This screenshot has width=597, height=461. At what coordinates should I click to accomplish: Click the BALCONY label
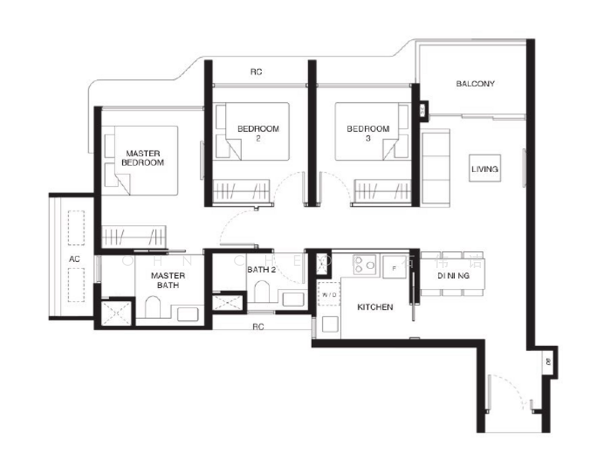point(475,84)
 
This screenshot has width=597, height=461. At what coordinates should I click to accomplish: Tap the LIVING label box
point(485,169)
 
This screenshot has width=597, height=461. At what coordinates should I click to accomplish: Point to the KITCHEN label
point(376,307)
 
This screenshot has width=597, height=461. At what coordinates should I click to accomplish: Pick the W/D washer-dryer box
point(329,294)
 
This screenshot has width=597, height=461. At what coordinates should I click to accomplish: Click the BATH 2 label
point(261,270)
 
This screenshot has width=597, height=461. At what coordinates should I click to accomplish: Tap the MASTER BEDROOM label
point(144,158)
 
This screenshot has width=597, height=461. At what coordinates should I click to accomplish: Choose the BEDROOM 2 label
point(257,133)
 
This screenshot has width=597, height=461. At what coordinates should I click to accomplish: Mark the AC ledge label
point(75,260)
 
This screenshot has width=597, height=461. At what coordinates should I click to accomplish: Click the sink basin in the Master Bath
point(187,313)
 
